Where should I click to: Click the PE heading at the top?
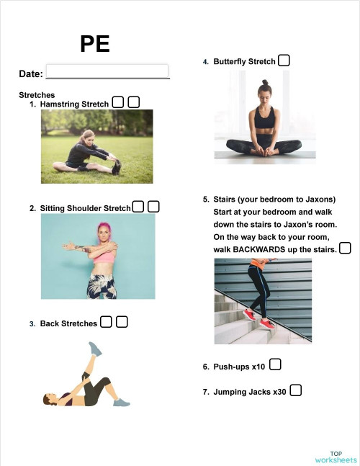(x=95, y=45)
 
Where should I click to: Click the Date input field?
(x=107, y=71)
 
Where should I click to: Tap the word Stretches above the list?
(x=37, y=95)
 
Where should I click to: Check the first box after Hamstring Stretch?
(x=118, y=103)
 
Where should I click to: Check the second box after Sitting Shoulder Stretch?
(x=153, y=207)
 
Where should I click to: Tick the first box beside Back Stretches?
(x=107, y=322)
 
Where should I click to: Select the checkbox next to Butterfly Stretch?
(x=284, y=61)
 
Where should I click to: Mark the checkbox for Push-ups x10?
(x=275, y=365)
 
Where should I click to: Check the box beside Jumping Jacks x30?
(x=295, y=390)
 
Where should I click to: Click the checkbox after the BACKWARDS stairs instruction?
(x=345, y=248)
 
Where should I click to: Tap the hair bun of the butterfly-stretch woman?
(x=264, y=83)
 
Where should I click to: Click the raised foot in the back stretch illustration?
(x=94, y=348)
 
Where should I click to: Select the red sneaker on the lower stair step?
(x=249, y=313)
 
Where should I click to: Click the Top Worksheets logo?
(x=336, y=457)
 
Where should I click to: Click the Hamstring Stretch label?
(x=74, y=104)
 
